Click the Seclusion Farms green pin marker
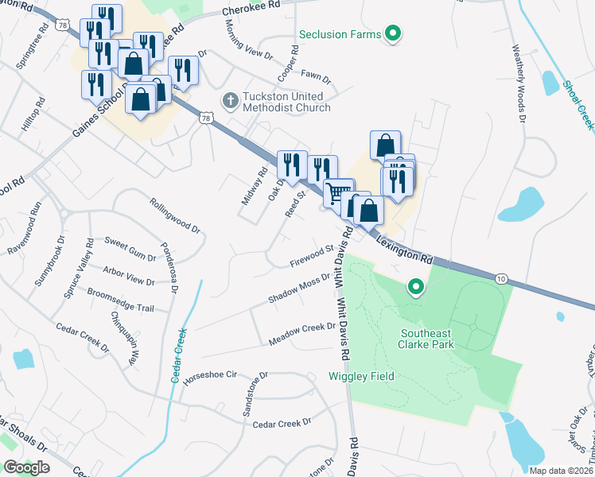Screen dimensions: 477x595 tap(391, 33)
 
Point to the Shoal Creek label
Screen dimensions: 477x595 tap(577, 104)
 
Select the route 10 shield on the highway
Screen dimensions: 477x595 tap(500, 278)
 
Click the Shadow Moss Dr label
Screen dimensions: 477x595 tap(299, 292)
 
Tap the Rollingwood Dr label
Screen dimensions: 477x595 tap(174, 215)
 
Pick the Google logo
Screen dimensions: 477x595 tap(26, 467)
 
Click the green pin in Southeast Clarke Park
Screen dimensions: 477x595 tap(414, 286)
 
